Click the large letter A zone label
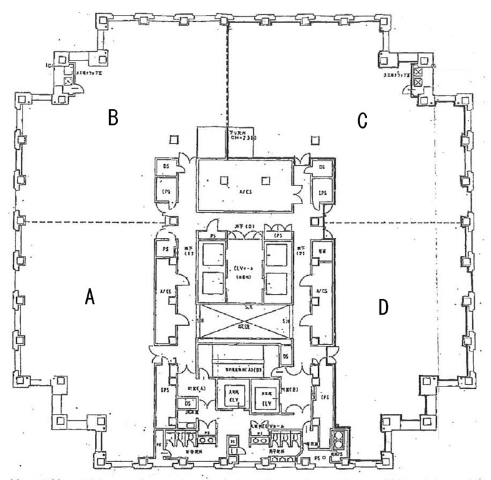tap(89, 298)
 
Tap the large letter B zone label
tap(113, 118)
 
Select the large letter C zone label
tap(362, 121)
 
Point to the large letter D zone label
tap(383, 306)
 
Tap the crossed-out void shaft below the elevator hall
tap(245, 325)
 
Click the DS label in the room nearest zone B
tap(166, 167)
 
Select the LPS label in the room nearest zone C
tap(322, 193)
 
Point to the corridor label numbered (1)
tap(188, 252)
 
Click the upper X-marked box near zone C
tap(418, 73)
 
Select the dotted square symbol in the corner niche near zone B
tap(68, 81)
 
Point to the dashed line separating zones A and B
tap(87, 222)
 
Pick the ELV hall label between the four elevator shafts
tap(244, 269)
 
